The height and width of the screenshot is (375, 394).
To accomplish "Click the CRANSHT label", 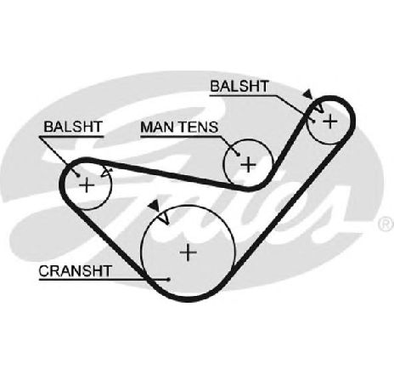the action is pyautogui.click(x=75, y=271).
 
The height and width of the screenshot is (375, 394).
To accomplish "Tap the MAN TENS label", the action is pyautogui.click(x=179, y=127).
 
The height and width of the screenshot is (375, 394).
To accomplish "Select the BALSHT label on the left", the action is pyautogui.click(x=73, y=127).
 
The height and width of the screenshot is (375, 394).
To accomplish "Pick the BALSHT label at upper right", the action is pyautogui.click(x=239, y=86).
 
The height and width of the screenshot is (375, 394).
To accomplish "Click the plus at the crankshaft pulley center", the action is pyautogui.click(x=189, y=253).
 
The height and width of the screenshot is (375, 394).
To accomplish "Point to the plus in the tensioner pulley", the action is pyautogui.click(x=248, y=164).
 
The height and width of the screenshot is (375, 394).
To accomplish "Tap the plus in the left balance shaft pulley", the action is pyautogui.click(x=87, y=185).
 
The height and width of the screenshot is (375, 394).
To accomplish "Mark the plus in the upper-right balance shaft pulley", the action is pyautogui.click(x=330, y=122).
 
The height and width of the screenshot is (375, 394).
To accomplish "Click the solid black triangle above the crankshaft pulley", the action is pyautogui.click(x=155, y=205).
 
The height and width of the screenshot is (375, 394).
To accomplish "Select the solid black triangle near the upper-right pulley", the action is pyautogui.click(x=307, y=94).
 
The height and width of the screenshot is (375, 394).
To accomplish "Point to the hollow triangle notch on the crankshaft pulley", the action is pyautogui.click(x=164, y=218).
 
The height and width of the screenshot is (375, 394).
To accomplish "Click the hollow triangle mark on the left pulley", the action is pyautogui.click(x=106, y=173).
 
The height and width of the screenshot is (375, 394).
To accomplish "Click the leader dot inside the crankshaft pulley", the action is pyautogui.click(x=169, y=280).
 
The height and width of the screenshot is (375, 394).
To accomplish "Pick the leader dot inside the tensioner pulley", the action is pyautogui.click(x=239, y=155).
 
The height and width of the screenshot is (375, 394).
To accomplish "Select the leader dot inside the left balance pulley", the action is pyautogui.click(x=78, y=176).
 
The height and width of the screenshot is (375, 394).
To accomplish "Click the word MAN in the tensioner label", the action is pyautogui.click(x=158, y=127).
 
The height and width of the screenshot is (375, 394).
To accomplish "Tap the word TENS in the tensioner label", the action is pyautogui.click(x=200, y=127).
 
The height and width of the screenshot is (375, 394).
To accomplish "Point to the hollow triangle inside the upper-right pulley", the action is pyautogui.click(x=319, y=108).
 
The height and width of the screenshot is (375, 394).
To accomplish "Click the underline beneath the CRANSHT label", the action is pyautogui.click(x=104, y=280).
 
